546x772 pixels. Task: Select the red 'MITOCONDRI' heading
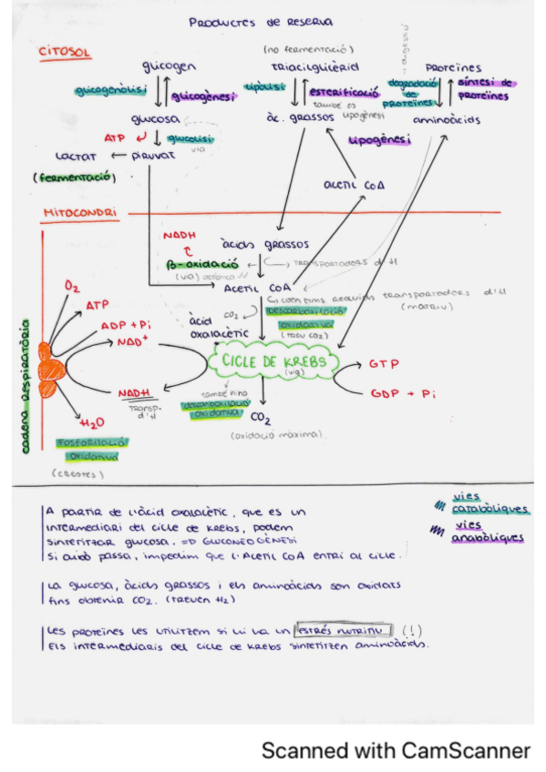(79, 213)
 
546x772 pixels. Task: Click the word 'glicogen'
(170, 68)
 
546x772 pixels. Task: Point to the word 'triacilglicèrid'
(314, 67)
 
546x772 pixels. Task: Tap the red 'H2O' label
(92, 423)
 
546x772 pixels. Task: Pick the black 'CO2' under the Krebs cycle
(262, 420)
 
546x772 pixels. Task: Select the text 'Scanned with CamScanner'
(396, 750)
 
